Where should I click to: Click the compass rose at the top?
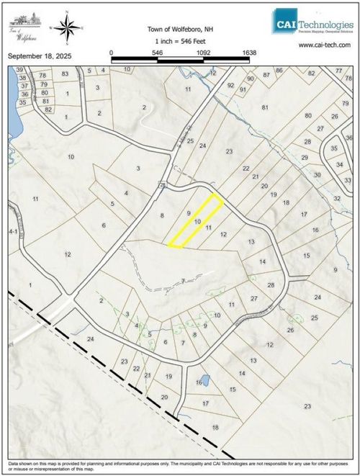tap(68, 28)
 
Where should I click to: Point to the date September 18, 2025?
tap(39, 55)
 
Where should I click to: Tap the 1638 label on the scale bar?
tap(249, 53)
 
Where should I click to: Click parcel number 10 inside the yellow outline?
tap(197, 222)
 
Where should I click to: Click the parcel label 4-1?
tap(12, 232)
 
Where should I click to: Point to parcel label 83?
tap(65, 73)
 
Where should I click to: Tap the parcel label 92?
tap(231, 85)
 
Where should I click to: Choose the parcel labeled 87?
tap(266, 74)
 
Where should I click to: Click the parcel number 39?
tap(19, 69)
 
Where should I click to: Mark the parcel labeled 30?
tap(318, 175)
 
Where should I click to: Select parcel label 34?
tap(339, 164)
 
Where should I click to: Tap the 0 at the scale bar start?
tap(112, 53)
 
